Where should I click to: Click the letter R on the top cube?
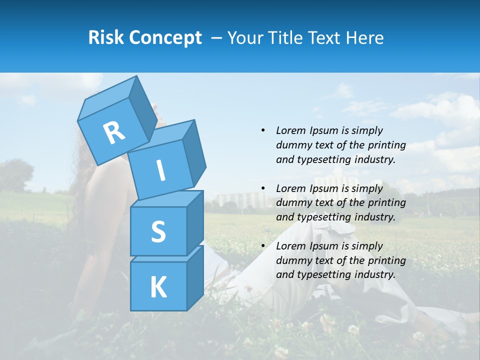click(x=114, y=133)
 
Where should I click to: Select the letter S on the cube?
click(x=158, y=232)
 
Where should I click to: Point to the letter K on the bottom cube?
click(x=158, y=287)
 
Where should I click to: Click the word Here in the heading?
click(x=365, y=37)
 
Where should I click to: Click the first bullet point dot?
click(x=263, y=130)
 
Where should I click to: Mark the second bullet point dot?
click(x=263, y=188)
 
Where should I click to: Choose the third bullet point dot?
click(x=263, y=246)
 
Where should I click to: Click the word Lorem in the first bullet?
click(x=290, y=130)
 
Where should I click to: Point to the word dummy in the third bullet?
click(x=292, y=260)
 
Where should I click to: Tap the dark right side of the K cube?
click(x=195, y=277)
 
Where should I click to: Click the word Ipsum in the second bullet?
click(x=324, y=188)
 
